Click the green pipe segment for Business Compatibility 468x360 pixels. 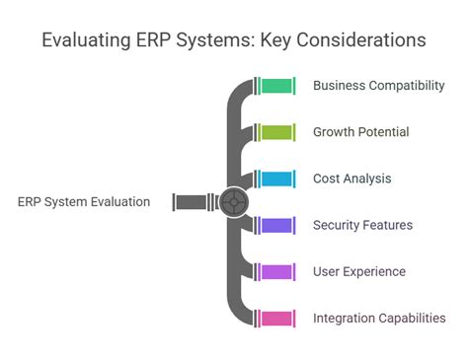[276, 86]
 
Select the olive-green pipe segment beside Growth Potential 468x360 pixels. [276, 132]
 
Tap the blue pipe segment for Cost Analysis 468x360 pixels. [276, 179]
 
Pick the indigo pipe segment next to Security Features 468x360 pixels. [276, 226]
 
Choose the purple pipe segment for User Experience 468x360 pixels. [276, 272]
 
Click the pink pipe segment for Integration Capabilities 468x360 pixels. [276, 319]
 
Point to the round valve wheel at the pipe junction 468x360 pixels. [233, 202]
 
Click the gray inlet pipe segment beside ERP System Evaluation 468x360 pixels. [191, 202]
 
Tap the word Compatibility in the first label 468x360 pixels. [407, 86]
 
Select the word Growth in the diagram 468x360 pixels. [334, 132]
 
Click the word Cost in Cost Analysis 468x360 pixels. [326, 179]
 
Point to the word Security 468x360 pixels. [337, 226]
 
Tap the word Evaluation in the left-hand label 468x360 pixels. [120, 202]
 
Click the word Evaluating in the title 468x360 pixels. [86, 40]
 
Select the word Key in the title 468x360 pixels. [275, 40]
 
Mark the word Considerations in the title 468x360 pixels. [361, 39]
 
